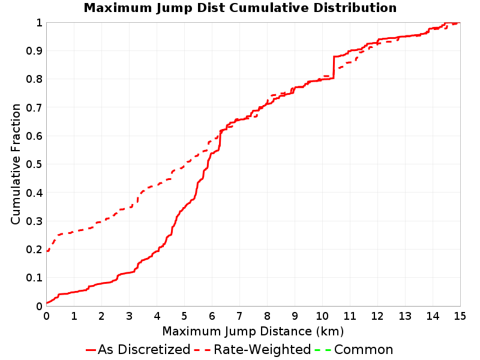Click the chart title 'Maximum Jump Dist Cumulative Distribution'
[240, 8]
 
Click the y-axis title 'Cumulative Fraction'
[16, 164]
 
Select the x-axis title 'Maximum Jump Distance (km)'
[253, 331]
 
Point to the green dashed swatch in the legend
[323, 350]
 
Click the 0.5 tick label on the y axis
[34, 164]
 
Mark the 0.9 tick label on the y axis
[34, 50]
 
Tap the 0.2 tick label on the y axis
[34, 249]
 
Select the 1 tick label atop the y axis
[39, 22]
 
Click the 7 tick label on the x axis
[239, 316]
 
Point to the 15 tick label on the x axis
[460, 316]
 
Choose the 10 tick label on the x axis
[322, 316]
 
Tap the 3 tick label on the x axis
[129, 316]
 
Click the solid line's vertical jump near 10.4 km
[334, 68]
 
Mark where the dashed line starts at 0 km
[47, 251]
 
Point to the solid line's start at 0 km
[47, 303]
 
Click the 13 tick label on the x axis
[404, 316]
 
